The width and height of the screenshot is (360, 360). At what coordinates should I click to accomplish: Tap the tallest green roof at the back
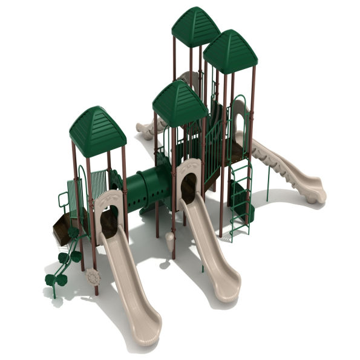[x=195, y=28]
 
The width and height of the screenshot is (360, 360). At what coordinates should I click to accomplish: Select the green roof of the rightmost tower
[x=231, y=52]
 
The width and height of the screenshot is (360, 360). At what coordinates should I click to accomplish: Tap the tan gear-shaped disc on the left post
[x=93, y=277]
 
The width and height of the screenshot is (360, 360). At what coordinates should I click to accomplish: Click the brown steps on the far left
[x=62, y=229]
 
